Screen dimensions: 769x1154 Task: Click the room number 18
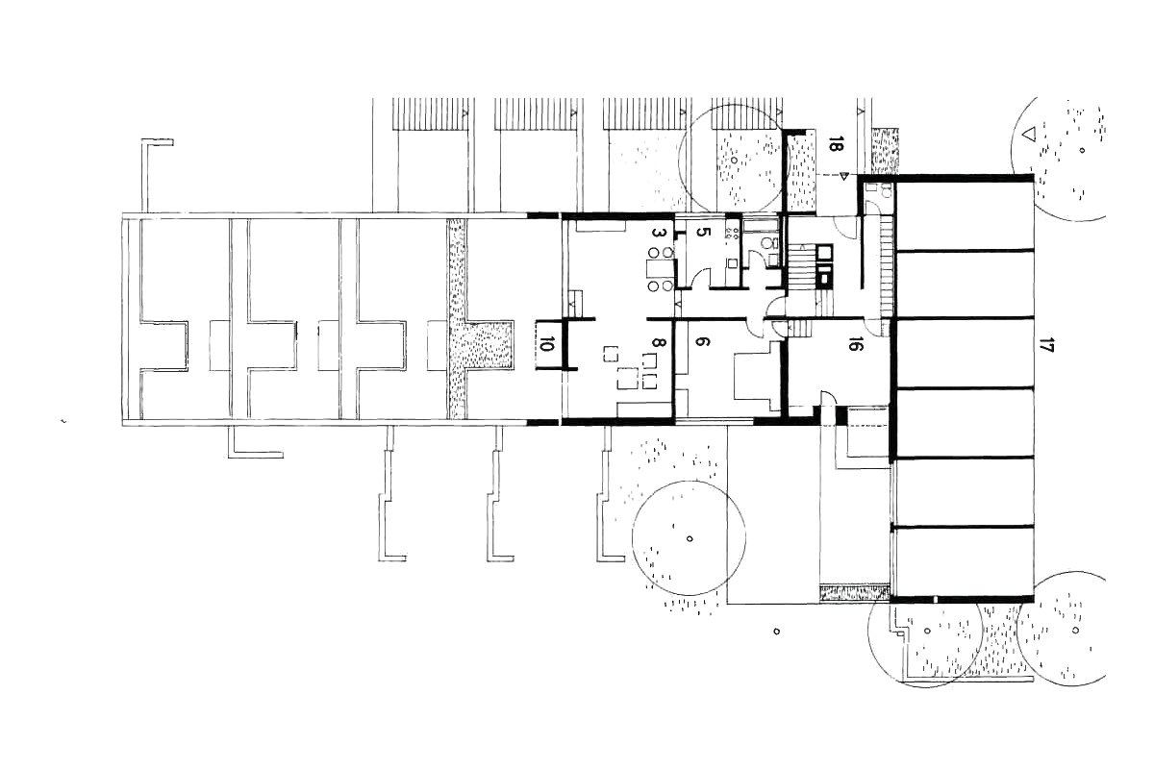(836, 146)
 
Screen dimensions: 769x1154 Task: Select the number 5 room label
(703, 234)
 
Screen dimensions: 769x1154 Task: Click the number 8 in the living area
(658, 343)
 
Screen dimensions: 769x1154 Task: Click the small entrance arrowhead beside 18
(843, 176)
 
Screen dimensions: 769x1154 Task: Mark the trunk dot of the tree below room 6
(690, 538)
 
